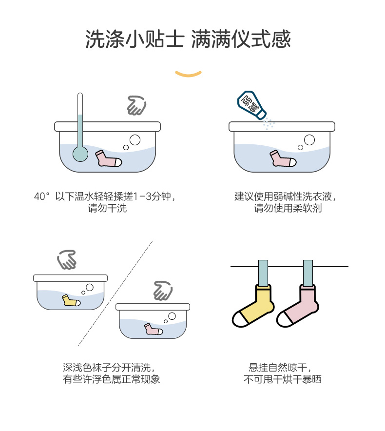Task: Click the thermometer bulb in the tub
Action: point(80,154)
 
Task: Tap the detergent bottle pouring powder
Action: point(251,104)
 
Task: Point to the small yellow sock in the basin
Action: point(70,300)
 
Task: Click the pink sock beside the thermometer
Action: point(108,159)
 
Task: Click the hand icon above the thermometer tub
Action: point(136,105)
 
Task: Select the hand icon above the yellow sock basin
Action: point(67,260)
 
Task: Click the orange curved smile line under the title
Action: point(189,74)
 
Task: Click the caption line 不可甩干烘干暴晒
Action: point(283,379)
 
